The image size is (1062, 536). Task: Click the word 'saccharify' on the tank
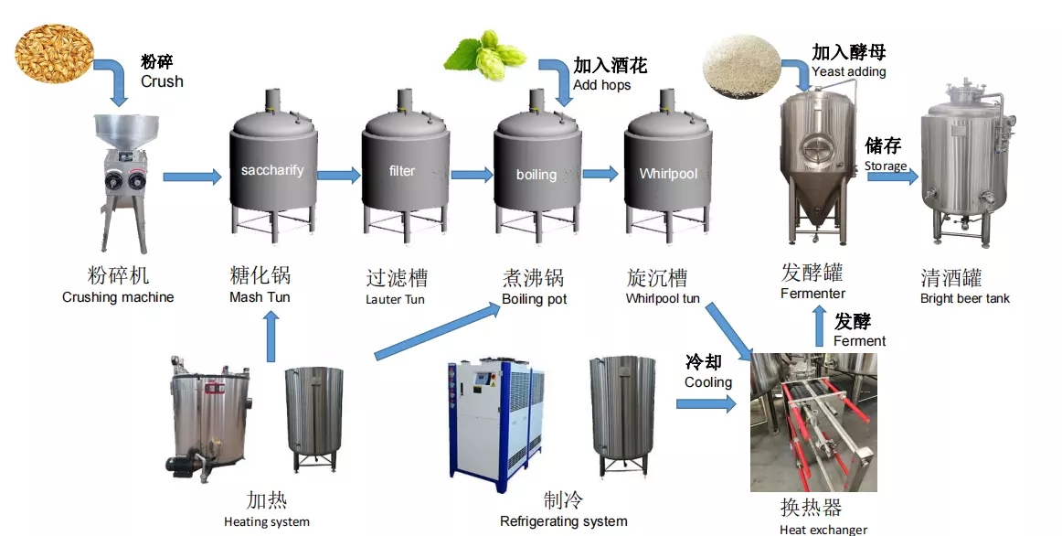pyautogui.click(x=272, y=170)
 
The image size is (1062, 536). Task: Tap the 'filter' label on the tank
pyautogui.click(x=402, y=171)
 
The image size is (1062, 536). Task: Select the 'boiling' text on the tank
pyautogui.click(x=536, y=174)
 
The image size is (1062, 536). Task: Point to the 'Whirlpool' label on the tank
pyautogui.click(x=668, y=174)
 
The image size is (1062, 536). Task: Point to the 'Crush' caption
pyautogui.click(x=162, y=81)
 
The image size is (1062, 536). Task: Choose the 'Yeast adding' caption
pyautogui.click(x=848, y=71)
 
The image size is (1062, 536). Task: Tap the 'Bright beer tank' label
pyautogui.click(x=965, y=298)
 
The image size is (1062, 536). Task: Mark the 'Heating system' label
pyautogui.click(x=267, y=522)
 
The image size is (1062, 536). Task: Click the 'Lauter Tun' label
pyautogui.click(x=395, y=299)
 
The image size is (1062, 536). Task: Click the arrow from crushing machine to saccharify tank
pyautogui.click(x=192, y=177)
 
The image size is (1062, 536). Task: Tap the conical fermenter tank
pyautogui.click(x=819, y=165)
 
